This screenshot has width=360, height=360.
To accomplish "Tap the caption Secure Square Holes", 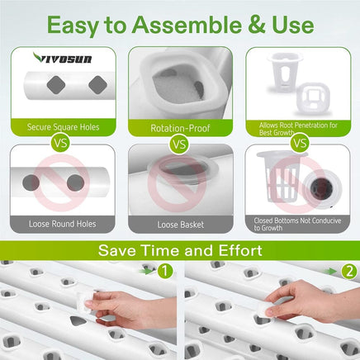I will click(x=61, y=128).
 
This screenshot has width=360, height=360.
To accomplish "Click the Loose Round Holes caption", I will click(x=61, y=224).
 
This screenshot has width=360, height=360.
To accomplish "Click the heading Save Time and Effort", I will click(x=180, y=250).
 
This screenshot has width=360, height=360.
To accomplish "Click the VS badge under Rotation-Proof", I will click(x=179, y=144).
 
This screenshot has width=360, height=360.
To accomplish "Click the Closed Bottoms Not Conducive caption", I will click(x=296, y=223).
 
